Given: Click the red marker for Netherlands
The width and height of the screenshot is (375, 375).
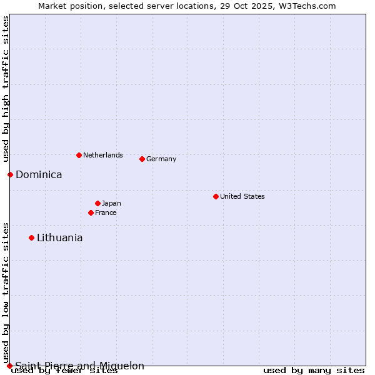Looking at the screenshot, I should [79, 155].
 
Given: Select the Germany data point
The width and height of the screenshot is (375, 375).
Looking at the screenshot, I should [142, 159].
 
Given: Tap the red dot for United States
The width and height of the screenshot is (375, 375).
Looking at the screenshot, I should [216, 196].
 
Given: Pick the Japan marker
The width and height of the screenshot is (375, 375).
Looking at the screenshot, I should [97, 203].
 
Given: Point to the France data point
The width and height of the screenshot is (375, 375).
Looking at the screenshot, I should [91, 212].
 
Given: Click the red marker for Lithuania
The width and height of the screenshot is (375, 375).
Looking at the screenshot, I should [31, 237].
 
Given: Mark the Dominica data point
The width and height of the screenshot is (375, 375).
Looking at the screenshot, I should [10, 174].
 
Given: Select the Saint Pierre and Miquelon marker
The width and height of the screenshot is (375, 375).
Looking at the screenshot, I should [9, 366].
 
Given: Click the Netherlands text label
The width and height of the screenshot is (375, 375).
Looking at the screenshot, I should [103, 155].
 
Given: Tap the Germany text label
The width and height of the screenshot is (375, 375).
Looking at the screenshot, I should [161, 159].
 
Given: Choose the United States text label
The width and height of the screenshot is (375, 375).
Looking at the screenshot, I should [242, 196].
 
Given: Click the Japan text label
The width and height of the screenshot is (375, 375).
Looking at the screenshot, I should [111, 203].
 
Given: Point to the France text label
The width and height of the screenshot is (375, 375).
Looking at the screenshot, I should [106, 212].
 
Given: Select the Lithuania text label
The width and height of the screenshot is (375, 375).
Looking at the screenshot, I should [59, 237].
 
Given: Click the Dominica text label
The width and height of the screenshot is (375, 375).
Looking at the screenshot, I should [39, 174].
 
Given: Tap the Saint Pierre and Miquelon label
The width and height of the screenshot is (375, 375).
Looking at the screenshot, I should [79, 366].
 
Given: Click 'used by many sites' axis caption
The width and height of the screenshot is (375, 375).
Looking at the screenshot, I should [314, 371].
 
